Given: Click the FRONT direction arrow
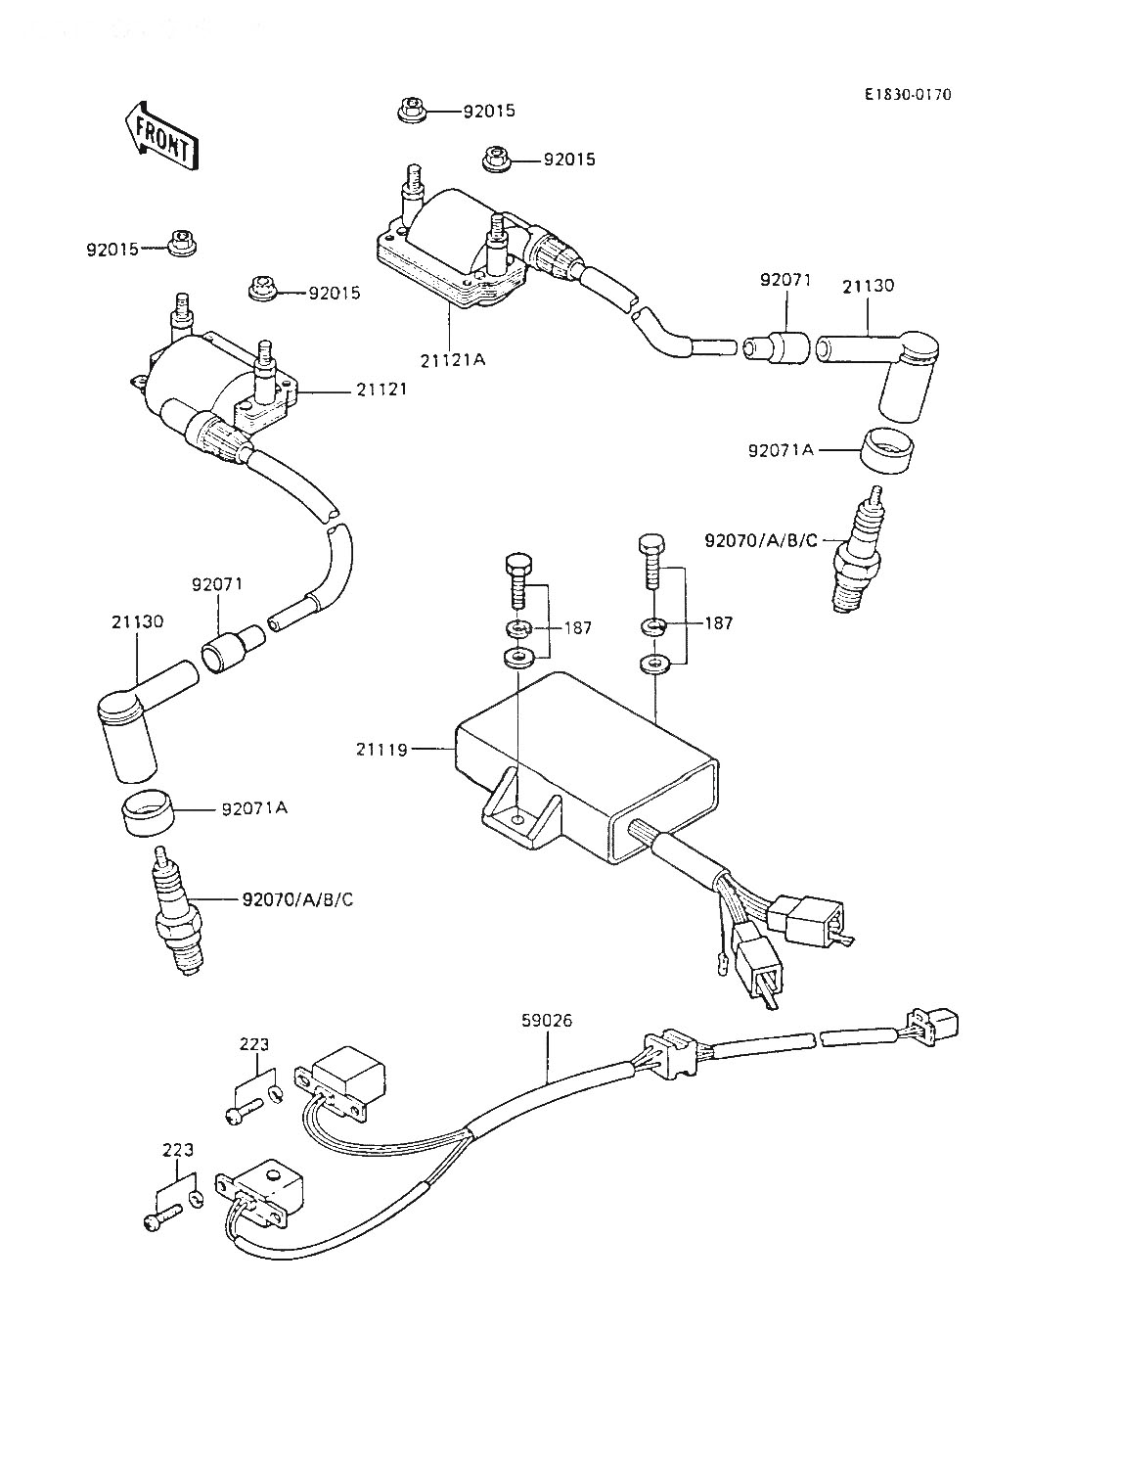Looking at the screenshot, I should (x=161, y=134).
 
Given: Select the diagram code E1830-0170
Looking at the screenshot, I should (x=907, y=95).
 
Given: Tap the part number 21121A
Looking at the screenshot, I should (x=453, y=359).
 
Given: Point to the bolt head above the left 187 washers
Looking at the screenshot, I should (x=517, y=565).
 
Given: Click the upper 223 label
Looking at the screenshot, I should (x=253, y=1044).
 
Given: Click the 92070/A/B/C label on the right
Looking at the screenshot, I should (x=760, y=539).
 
